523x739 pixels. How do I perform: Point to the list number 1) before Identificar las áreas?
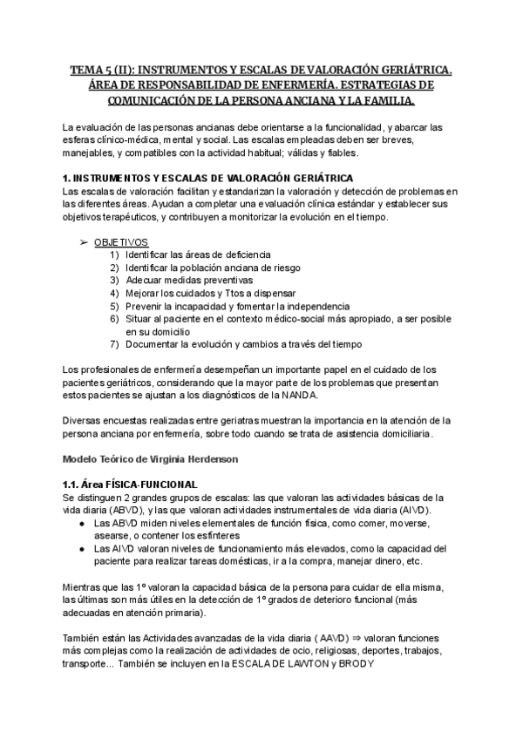coord(115,254)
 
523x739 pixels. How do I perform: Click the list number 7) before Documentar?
coord(115,346)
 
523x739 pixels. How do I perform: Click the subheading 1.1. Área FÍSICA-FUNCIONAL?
coord(131,485)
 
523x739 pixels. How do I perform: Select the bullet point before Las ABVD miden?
coord(81,523)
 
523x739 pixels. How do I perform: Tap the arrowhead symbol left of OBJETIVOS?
coord(84,241)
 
